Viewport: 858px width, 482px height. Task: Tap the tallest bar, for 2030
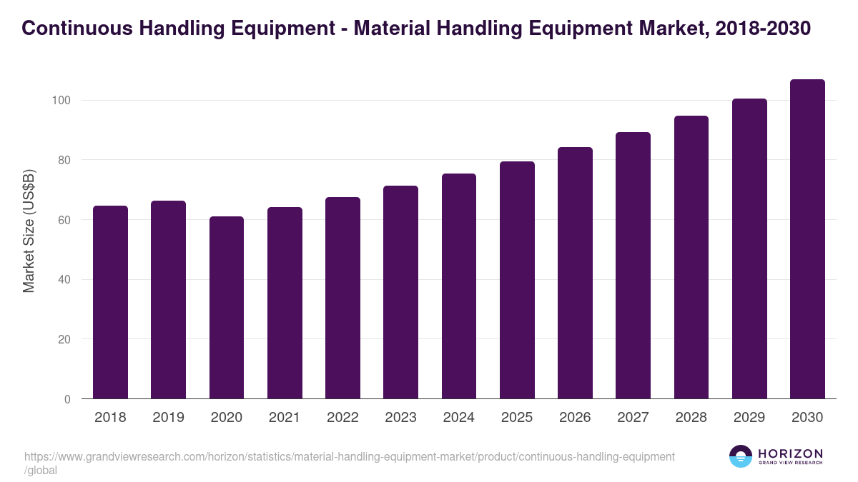(807, 239)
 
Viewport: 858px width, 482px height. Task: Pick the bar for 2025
(517, 280)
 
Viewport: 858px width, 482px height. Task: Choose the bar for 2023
(400, 292)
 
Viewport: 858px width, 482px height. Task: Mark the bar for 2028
(691, 257)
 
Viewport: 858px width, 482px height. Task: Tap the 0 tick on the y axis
(67, 399)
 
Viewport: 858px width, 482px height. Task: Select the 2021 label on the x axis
(285, 418)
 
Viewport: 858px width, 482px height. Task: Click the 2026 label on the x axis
(575, 418)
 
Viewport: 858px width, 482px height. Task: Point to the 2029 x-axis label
(749, 418)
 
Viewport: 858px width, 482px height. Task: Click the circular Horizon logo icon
(741, 456)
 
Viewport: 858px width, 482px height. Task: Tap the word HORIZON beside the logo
(790, 453)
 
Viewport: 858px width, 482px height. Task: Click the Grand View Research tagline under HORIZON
(790, 463)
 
